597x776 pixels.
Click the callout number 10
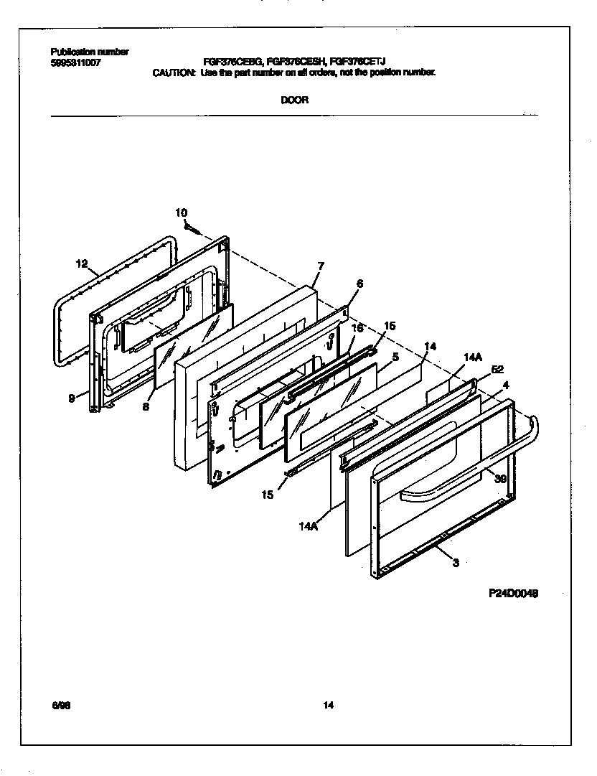181,212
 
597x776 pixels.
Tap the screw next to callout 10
192,228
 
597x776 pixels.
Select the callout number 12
81,264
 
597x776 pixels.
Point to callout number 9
72,399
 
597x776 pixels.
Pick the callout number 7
320,266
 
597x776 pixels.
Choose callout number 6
359,284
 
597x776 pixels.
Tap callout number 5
395,355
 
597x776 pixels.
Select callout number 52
497,370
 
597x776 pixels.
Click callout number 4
506,385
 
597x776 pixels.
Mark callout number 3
455,563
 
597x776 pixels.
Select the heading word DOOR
294,100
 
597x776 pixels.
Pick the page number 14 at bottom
328,705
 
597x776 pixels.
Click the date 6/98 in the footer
61,705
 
